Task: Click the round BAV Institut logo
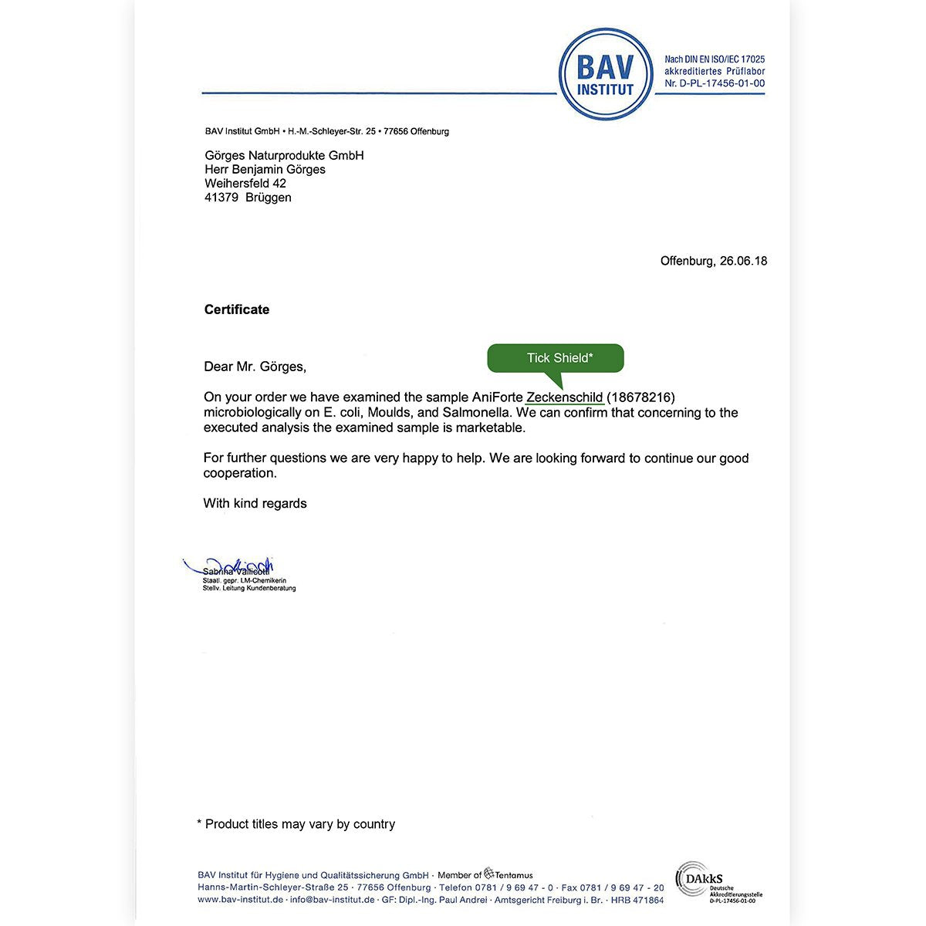click(x=606, y=74)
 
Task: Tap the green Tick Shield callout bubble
click(x=556, y=358)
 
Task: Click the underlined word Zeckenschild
click(x=564, y=397)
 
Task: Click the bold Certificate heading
click(x=237, y=309)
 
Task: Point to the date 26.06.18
click(x=743, y=261)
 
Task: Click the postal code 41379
click(x=221, y=198)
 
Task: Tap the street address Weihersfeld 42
click(x=245, y=184)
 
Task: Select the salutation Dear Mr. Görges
click(x=255, y=367)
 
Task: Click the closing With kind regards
click(x=255, y=504)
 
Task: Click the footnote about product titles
click(x=296, y=824)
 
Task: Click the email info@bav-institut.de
click(x=333, y=900)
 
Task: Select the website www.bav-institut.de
click(x=240, y=900)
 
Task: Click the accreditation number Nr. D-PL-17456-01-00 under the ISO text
click(x=715, y=83)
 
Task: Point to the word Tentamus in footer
click(x=513, y=875)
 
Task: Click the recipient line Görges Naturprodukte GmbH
click(x=284, y=156)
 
